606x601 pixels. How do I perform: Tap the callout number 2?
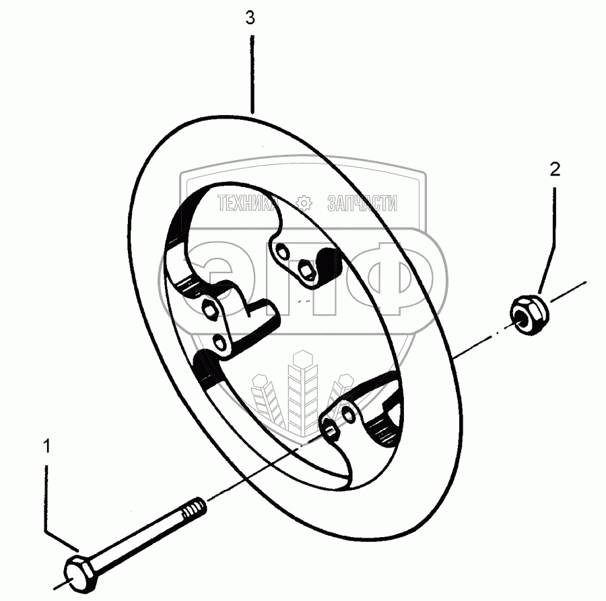555,169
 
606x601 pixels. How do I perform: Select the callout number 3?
250,19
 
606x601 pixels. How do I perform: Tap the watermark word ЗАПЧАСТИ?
361,203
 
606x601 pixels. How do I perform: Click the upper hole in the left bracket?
210,310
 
